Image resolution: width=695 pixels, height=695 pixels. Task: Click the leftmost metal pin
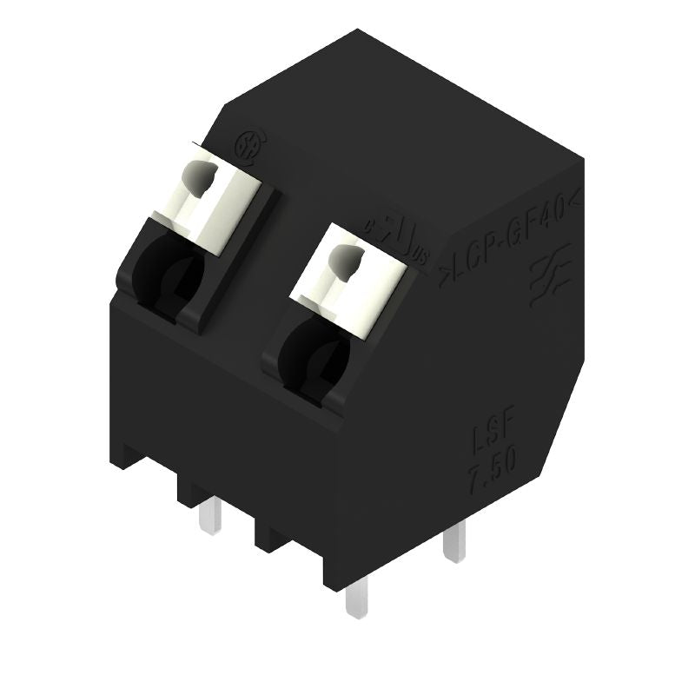(x=208, y=518)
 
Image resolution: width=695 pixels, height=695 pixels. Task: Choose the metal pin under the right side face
(x=453, y=543)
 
